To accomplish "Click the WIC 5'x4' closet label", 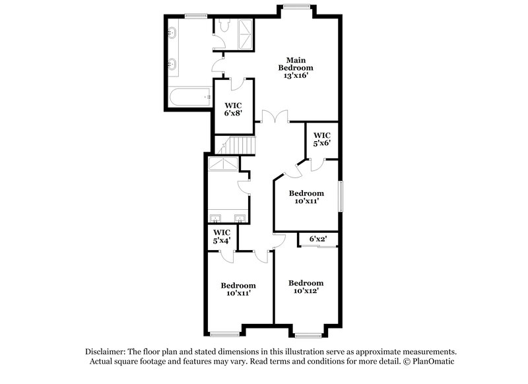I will tap(221, 237).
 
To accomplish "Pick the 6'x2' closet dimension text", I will tap(319, 239).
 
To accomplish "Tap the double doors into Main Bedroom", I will tap(272, 117).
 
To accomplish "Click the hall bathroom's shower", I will tap(223, 164).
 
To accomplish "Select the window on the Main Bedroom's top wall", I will tap(296, 6).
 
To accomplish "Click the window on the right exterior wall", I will tap(341, 196).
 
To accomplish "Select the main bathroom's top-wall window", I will tap(195, 15).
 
